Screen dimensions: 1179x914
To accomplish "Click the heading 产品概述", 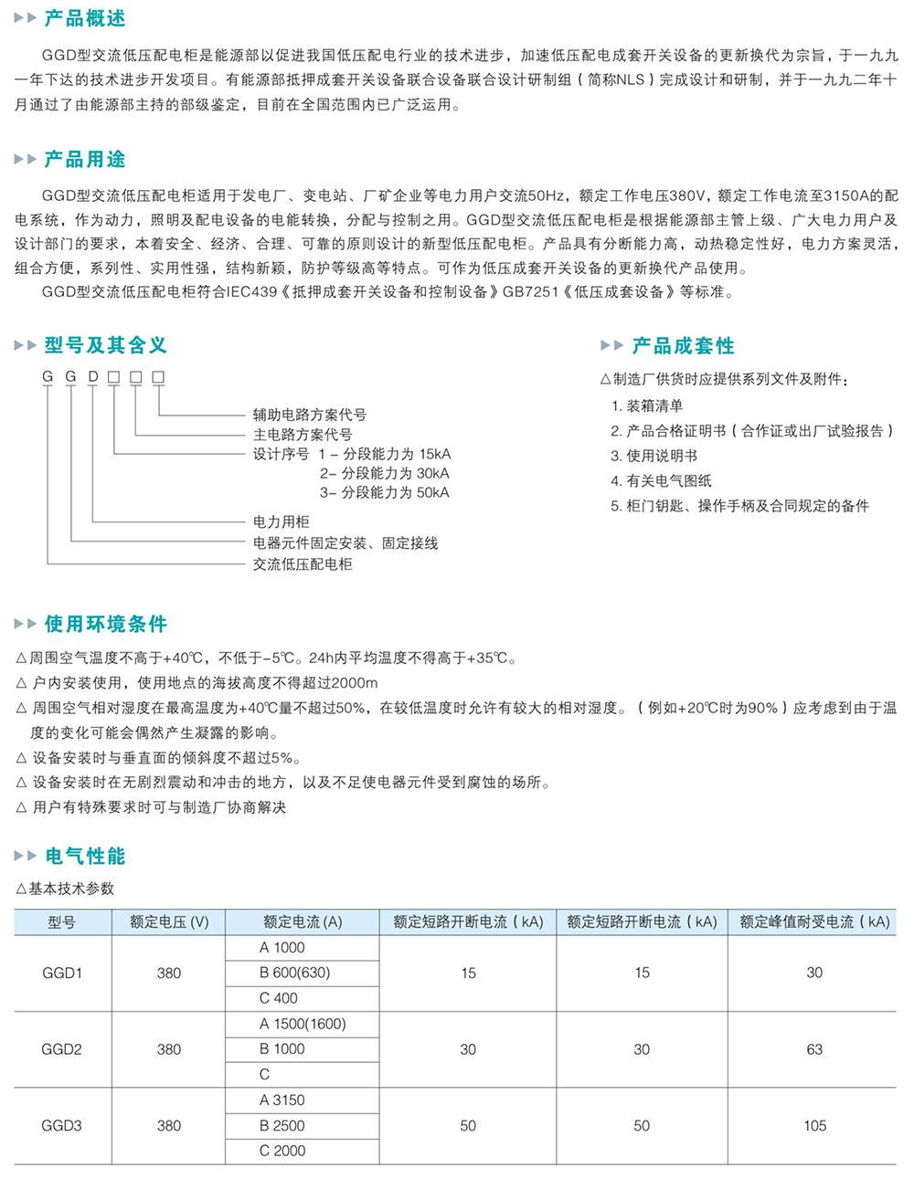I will [x=84, y=18].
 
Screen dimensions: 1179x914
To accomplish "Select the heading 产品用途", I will [x=84, y=160].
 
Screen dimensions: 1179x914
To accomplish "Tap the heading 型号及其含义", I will [x=105, y=345].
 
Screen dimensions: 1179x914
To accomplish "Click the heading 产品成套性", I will [x=683, y=346].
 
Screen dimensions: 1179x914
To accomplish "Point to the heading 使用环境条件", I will [x=105, y=625].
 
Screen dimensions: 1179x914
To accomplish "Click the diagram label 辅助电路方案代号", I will [x=309, y=415].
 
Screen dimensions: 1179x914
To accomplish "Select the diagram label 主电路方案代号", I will [x=302, y=435].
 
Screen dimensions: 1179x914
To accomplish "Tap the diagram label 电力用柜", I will [x=281, y=522].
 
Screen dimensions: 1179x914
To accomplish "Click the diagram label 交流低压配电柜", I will [x=302, y=564].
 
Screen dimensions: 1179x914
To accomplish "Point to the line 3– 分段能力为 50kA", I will [x=384, y=493].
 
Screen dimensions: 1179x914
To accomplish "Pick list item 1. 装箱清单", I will [x=647, y=406].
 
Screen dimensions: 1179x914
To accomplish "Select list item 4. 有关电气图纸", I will [x=661, y=481].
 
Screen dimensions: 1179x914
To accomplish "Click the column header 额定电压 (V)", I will [x=169, y=922].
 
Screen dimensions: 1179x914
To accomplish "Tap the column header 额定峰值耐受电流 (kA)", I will [x=814, y=922].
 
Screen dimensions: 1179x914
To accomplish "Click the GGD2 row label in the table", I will [x=61, y=1049].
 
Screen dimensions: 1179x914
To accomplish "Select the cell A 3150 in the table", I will [x=282, y=1100].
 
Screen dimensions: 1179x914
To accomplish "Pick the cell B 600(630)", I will [x=294, y=973].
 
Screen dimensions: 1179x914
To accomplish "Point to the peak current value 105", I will [x=814, y=1126].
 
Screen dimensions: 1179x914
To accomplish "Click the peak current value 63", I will [x=814, y=1049].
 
